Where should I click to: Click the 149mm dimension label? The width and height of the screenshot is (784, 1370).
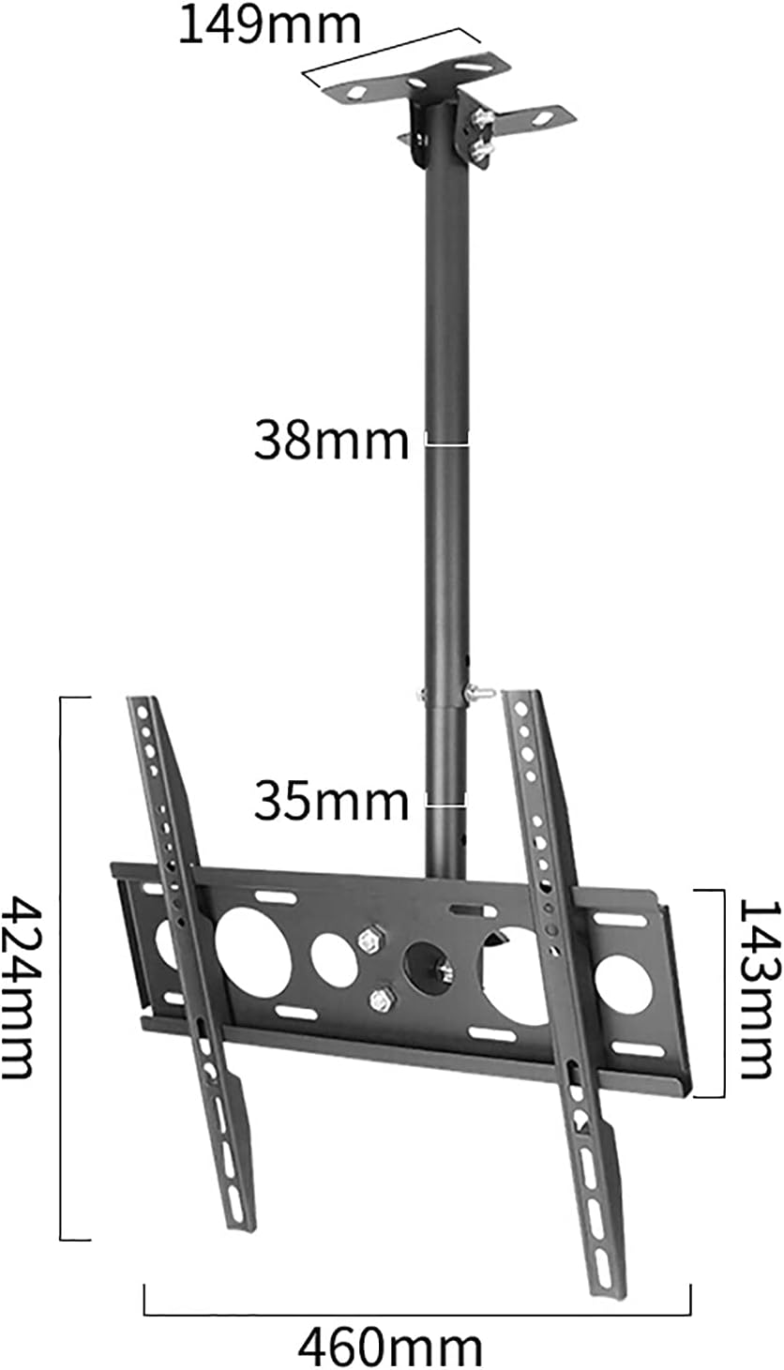pyautogui.click(x=269, y=25)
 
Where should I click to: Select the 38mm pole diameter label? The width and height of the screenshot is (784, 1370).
pyautogui.click(x=330, y=441)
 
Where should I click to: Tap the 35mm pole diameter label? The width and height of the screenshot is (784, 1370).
pyautogui.click(x=330, y=802)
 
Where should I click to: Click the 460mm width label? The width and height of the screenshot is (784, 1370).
pyautogui.click(x=391, y=1347)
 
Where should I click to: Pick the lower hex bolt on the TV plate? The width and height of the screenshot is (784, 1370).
pyautogui.click(x=381, y=1000)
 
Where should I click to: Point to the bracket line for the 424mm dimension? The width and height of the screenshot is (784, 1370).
pyautogui.click(x=62, y=969)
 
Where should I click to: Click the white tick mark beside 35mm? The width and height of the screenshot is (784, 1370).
pyautogui.click(x=445, y=804)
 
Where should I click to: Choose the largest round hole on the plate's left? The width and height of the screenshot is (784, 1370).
pyautogui.click(x=252, y=951)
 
